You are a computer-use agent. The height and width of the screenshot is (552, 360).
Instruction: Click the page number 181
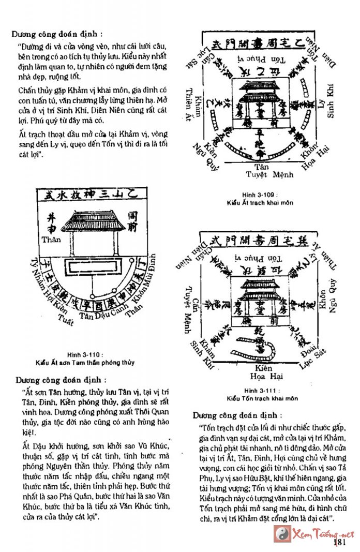(339, 542)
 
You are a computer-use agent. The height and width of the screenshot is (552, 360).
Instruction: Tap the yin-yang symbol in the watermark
(282, 533)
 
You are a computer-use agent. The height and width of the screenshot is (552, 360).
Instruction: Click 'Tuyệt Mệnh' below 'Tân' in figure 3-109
(268, 175)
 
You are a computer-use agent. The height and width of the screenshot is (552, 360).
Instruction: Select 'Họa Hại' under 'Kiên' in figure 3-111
(264, 376)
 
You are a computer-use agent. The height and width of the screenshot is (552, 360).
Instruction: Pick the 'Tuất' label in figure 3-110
(66, 321)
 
